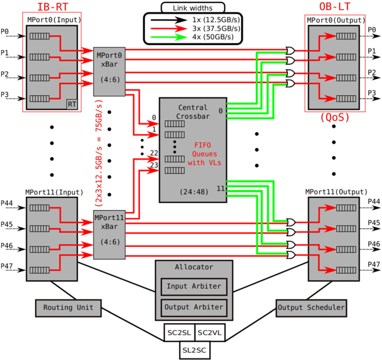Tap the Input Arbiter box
click(x=194, y=286)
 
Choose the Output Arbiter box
click(x=194, y=307)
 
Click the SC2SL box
click(x=179, y=333)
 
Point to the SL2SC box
click(x=194, y=350)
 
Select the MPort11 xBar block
click(x=109, y=235)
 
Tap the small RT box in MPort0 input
click(x=72, y=104)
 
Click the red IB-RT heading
click(x=50, y=7)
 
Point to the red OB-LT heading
click(x=333, y=7)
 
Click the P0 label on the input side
click(x=5, y=32)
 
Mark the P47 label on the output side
click(x=373, y=265)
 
